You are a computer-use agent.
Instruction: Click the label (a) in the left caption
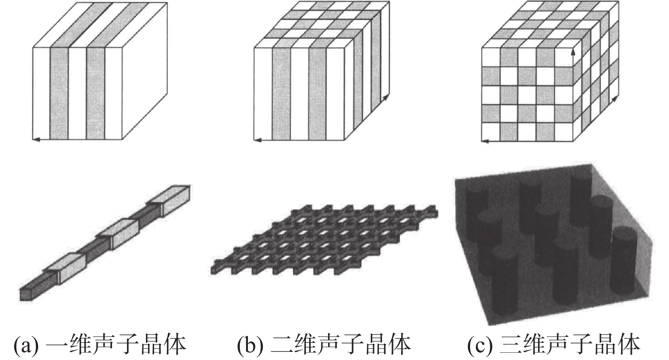(26, 345)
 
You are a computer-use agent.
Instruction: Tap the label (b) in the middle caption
(250, 345)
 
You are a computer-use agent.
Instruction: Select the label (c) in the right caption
(480, 345)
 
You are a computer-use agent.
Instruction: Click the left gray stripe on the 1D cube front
(59, 93)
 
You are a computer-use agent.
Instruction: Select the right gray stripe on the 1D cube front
(96, 93)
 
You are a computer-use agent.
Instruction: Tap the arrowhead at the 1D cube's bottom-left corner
(36, 139)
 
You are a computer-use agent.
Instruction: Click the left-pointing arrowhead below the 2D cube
(258, 140)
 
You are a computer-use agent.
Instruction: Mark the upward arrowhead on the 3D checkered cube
(573, 53)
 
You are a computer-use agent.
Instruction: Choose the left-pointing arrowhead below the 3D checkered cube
(485, 141)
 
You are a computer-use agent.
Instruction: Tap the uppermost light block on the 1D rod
(169, 199)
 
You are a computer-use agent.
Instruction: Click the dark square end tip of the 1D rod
(26, 295)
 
